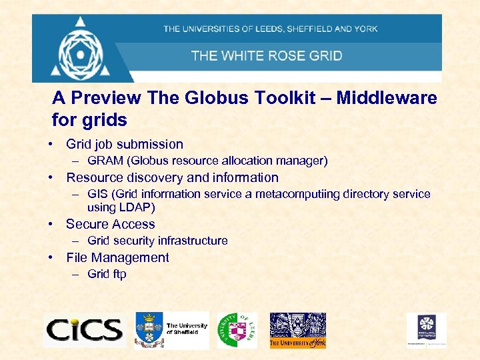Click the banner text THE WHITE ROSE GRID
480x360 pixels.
[x=267, y=55]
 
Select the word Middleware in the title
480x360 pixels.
[x=387, y=98]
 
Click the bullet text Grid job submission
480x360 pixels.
[x=125, y=144]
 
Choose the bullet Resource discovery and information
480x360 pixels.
[x=172, y=177]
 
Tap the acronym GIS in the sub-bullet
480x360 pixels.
[x=97, y=194]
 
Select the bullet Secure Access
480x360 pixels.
[x=110, y=224]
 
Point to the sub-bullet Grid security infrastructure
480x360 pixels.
[x=157, y=241]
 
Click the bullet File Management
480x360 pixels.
[x=117, y=257]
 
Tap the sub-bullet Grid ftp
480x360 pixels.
[x=107, y=274]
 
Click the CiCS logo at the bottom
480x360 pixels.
[x=84, y=329]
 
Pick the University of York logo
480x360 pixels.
[x=297, y=330]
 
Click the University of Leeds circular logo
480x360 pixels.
[x=236, y=329]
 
